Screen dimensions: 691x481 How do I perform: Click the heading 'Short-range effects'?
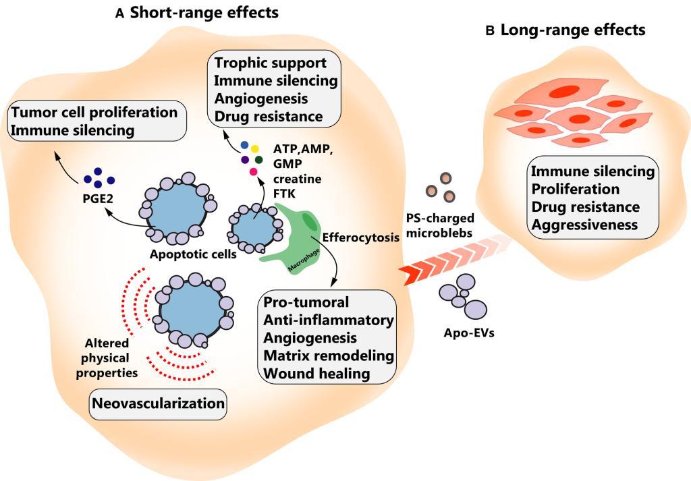204,12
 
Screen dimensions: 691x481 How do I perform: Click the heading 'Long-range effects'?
573,30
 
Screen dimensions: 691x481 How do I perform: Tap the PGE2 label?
98,198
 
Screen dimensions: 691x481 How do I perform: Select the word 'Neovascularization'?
158,403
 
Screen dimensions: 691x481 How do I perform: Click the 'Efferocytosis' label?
361,237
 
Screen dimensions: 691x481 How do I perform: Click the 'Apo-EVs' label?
469,333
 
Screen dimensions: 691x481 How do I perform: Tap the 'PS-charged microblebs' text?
440,225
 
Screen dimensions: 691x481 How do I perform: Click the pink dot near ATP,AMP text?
254,172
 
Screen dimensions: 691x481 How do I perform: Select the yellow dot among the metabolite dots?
254,149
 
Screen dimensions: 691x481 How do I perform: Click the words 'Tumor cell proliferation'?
94,112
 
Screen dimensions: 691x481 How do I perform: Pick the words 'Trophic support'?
271,63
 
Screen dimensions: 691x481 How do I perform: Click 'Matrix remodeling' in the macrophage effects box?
329,356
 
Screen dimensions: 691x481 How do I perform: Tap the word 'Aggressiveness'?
584,225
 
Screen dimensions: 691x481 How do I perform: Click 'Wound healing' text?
316,374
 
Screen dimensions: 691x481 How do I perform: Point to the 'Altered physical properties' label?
107,358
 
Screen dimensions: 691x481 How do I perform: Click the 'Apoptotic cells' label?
193,254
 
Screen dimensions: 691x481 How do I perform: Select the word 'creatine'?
297,179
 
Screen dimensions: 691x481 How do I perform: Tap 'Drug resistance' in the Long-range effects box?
585,206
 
